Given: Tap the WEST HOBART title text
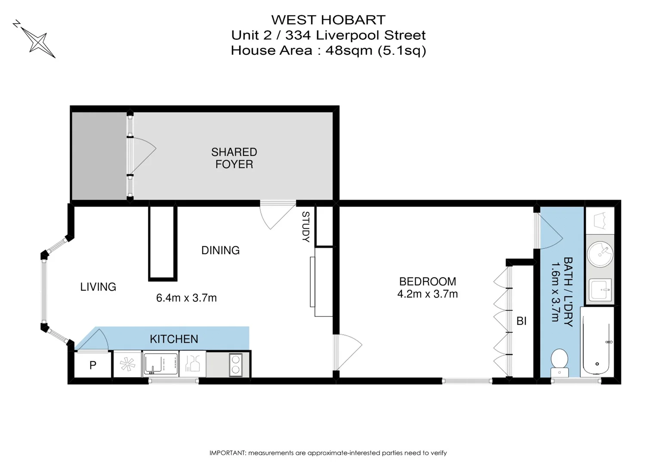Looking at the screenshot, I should point(328,20).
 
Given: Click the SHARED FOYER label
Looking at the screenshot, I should point(234,158).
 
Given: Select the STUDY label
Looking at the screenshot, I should point(305,226).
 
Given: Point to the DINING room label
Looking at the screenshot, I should point(220,250).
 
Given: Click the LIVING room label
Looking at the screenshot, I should point(98,287).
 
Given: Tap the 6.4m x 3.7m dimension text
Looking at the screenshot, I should point(186,298).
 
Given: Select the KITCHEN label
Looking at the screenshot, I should point(174,339).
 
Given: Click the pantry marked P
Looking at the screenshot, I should point(93,365).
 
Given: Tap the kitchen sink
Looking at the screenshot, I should point(160,364).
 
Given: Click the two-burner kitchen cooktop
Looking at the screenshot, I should point(235,364).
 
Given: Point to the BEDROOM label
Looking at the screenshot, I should point(427,282).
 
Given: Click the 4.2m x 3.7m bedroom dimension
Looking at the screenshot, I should point(427,294).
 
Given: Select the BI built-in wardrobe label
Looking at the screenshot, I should point(521,321).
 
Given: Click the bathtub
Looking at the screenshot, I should point(597,342).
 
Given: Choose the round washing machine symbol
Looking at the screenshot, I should point(600,254).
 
